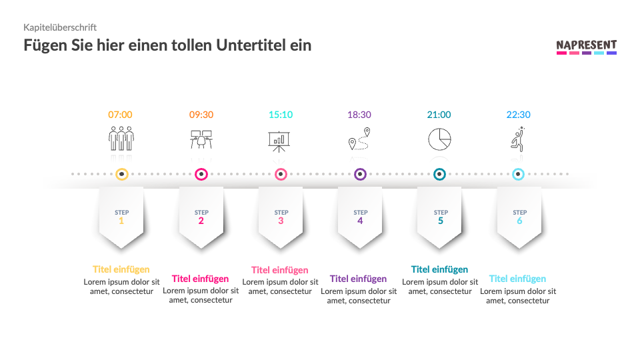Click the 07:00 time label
tap(121, 115)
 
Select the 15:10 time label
tap(281, 115)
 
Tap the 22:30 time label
tap(519, 115)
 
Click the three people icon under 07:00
tap(121, 139)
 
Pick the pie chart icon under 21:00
tap(439, 139)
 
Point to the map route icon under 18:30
tap(359, 139)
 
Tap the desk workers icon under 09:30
tap(201, 139)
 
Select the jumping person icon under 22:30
tap(518, 139)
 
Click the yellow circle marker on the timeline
tap(121, 175)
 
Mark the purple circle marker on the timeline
tap(360, 175)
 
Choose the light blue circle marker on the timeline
tap(518, 175)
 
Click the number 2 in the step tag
tap(201, 221)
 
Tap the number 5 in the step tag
tap(440, 221)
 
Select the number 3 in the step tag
tap(281, 221)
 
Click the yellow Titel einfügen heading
tap(121, 269)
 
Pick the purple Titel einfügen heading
tap(358, 279)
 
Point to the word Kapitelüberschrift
tap(60, 27)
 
